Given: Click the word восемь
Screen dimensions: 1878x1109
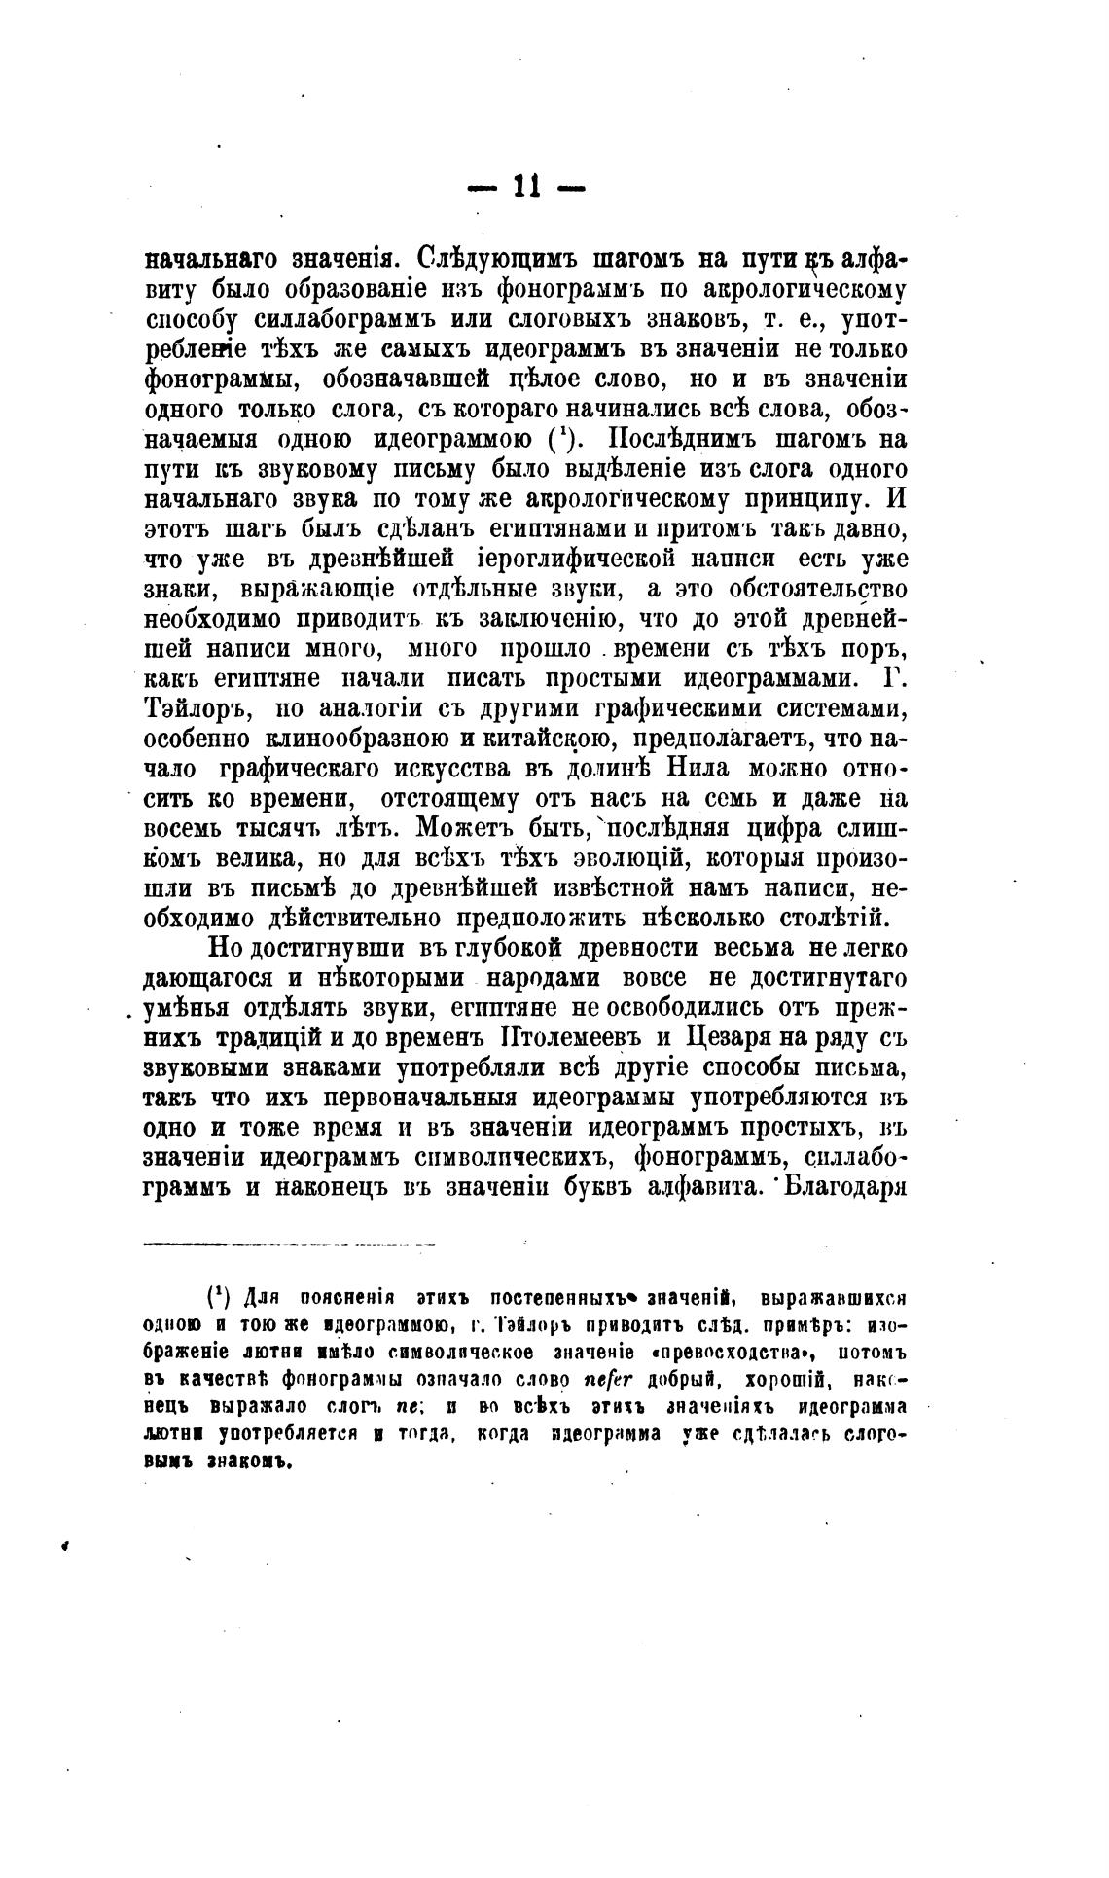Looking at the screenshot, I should [x=185, y=829].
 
